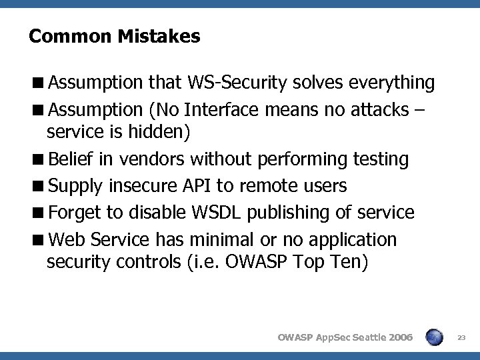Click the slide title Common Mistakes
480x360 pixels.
pos(114,36)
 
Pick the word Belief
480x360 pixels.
pos(73,159)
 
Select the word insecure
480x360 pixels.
pos(141,185)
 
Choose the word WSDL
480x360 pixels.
pos(216,212)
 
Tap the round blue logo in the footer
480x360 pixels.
pos(435,337)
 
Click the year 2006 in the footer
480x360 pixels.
pos(399,338)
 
